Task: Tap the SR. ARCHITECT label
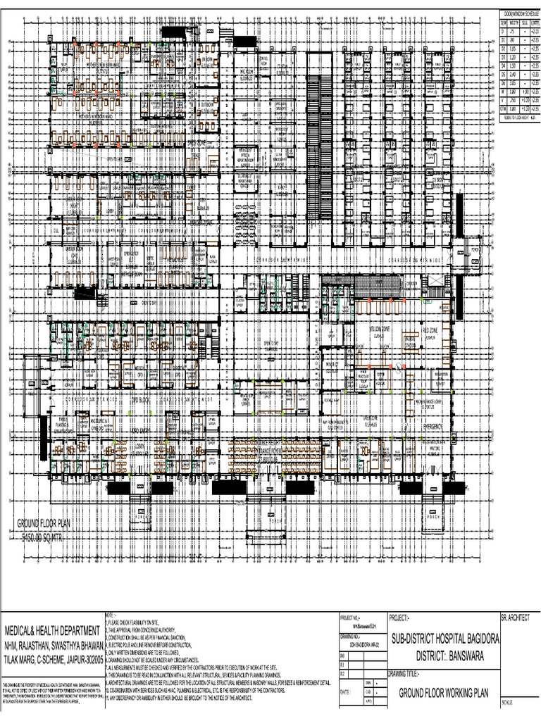514,617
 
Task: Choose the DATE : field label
345,693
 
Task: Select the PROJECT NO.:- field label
352,617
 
